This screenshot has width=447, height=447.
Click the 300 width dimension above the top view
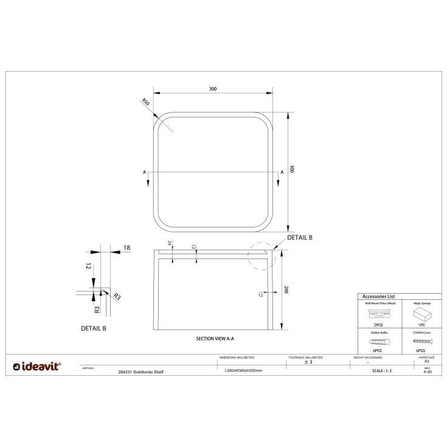(x=212, y=89)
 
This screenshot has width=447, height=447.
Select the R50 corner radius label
(x=146, y=102)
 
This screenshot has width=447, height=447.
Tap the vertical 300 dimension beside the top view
(x=292, y=169)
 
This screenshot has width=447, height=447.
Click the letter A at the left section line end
(x=144, y=172)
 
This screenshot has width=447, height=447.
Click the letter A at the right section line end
(x=282, y=172)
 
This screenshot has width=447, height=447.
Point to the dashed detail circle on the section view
(x=262, y=255)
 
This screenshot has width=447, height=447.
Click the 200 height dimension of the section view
(x=286, y=289)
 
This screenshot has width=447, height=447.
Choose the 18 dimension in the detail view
(x=126, y=248)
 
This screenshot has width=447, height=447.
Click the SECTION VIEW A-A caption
(x=215, y=338)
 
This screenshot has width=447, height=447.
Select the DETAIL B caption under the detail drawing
(x=94, y=328)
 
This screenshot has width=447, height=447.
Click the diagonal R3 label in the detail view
(x=117, y=297)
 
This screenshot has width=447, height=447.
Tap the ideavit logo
(x=37, y=366)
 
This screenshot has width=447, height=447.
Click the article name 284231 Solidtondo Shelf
(x=140, y=371)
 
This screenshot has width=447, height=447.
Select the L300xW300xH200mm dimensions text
(x=243, y=370)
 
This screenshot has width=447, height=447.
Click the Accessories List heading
(x=379, y=296)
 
